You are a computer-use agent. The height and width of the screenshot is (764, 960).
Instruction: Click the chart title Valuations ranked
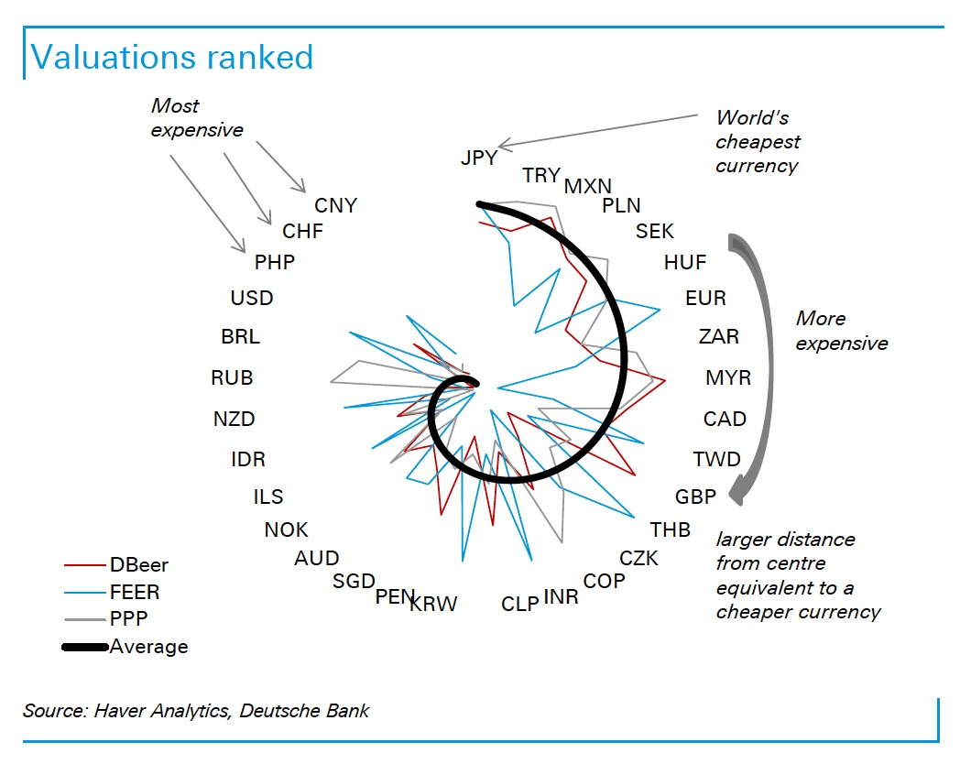point(172,57)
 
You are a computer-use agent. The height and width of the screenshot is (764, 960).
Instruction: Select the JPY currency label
point(479,158)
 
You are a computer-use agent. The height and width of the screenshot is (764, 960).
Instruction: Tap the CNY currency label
point(335,205)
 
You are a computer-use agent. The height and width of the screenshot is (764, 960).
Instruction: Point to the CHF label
point(303,232)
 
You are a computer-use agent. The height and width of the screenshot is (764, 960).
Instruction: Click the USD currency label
point(252,298)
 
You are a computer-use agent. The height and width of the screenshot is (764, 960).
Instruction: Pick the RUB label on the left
point(232,377)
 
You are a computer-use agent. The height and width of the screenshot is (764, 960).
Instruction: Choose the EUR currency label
point(705,299)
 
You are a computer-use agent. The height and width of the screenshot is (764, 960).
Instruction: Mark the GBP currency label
point(695,497)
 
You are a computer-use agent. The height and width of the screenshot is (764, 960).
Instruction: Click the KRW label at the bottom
point(433,604)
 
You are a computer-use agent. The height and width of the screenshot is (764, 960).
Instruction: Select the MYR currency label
point(728,377)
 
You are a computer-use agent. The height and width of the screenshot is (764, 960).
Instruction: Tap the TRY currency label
point(541,176)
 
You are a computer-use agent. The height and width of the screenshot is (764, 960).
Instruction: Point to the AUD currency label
point(317,558)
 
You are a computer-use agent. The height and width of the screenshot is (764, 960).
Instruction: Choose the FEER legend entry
point(135,592)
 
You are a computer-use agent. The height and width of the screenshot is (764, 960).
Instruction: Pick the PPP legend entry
point(129,618)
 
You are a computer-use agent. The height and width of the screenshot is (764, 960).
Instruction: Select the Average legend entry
point(148,646)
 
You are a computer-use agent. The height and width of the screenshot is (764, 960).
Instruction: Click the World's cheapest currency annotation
point(758,141)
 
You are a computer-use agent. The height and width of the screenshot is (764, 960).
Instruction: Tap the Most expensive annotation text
point(197,117)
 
